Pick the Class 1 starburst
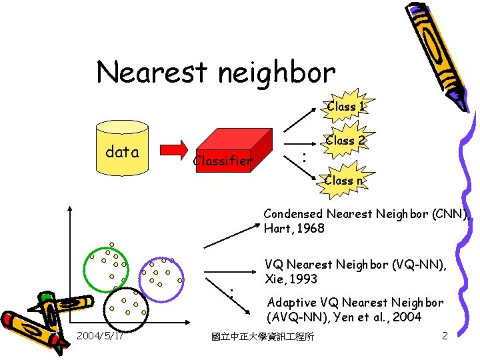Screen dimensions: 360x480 click(345, 106)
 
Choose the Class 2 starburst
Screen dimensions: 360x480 click(345, 141)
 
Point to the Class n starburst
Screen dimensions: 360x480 click(343, 180)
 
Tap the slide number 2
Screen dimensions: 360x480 click(445, 335)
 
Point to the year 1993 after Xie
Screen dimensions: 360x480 click(303, 279)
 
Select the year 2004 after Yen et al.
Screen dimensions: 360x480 click(407, 317)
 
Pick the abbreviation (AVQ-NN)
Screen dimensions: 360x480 click(297, 317)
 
